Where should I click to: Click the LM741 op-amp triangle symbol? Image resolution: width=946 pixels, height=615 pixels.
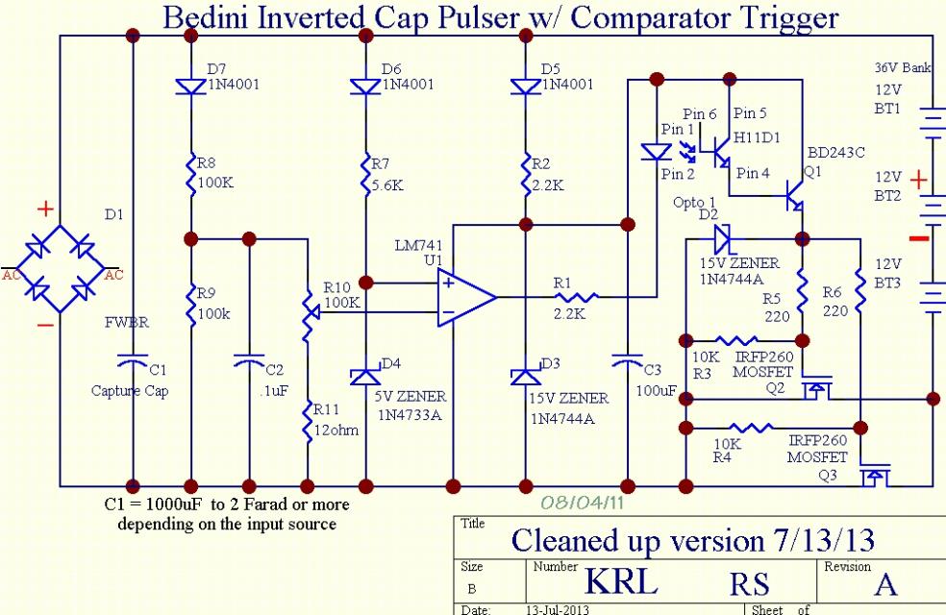click(x=465, y=297)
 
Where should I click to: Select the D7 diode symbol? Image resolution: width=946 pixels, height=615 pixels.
click(x=190, y=87)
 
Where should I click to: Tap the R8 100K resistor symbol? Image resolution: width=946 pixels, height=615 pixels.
click(x=190, y=175)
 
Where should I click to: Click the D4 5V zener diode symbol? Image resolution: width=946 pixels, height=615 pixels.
click(x=365, y=377)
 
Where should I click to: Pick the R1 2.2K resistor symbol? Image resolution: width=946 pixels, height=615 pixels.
click(x=575, y=297)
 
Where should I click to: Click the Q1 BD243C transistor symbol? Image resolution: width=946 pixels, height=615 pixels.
click(x=795, y=196)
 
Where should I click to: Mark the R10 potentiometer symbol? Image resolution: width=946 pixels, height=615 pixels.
click(x=309, y=312)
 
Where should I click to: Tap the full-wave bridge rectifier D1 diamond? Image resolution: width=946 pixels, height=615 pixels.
click(x=60, y=268)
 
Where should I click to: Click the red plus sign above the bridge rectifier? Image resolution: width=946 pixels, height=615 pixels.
click(x=45, y=209)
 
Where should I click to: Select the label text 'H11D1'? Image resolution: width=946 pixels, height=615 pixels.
click(x=757, y=138)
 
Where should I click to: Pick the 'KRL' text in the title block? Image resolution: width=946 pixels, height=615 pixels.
click(x=621, y=581)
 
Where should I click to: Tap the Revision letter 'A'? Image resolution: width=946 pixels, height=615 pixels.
click(x=885, y=584)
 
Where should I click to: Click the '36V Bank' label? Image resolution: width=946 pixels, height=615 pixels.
click(x=903, y=67)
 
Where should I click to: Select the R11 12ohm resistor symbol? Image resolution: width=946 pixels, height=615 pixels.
click(x=309, y=421)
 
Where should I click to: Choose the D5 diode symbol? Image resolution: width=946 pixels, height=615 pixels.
click(x=526, y=87)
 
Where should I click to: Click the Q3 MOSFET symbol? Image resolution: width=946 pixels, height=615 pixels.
click(x=874, y=476)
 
